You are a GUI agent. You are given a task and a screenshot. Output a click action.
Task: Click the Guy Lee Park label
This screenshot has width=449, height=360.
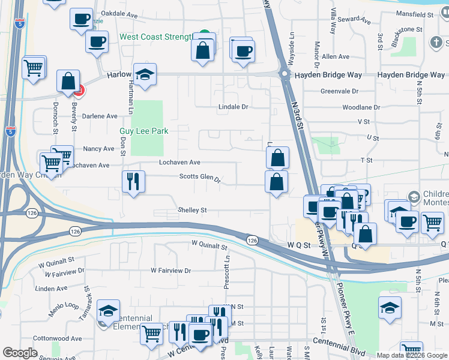[x=143, y=131]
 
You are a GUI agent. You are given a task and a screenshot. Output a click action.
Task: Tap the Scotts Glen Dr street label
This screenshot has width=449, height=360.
[x=200, y=178]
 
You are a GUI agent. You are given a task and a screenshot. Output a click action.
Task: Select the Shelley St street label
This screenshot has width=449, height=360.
[x=192, y=211]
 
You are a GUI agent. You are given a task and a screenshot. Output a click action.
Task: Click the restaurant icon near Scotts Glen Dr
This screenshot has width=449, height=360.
[x=133, y=181]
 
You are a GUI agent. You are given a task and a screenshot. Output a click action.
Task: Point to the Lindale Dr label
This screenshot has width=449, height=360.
[x=233, y=106]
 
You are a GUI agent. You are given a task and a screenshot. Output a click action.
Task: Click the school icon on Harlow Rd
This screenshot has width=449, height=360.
[x=145, y=74]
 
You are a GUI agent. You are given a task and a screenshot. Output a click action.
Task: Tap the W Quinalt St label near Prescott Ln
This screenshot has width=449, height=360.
[x=209, y=245]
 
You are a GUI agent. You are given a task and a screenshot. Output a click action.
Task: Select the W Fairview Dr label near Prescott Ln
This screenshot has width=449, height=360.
[x=170, y=271]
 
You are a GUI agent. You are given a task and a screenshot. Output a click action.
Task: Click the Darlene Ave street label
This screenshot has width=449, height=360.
[x=100, y=116]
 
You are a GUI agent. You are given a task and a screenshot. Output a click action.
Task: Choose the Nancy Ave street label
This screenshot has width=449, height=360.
[x=98, y=149]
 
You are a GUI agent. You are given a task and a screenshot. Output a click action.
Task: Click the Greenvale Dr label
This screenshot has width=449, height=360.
[x=339, y=91]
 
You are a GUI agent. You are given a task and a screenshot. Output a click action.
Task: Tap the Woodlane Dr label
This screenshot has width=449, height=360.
[x=361, y=107]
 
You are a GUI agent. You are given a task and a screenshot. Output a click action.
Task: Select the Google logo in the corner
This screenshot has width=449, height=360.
[x=20, y=353]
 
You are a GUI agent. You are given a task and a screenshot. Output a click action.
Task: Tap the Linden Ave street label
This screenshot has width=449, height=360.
[x=51, y=289]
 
